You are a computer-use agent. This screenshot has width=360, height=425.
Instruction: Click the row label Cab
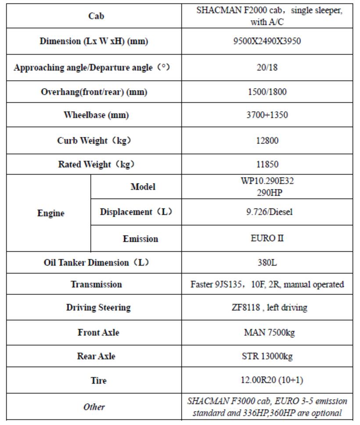pos(96,16)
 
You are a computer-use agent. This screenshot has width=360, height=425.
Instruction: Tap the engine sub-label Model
pos(143,187)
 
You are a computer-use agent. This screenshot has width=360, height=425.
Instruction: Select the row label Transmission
pos(96,284)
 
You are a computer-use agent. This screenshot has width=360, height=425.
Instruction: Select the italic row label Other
pos(94,407)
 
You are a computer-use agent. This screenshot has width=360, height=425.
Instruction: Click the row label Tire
pos(98,380)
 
